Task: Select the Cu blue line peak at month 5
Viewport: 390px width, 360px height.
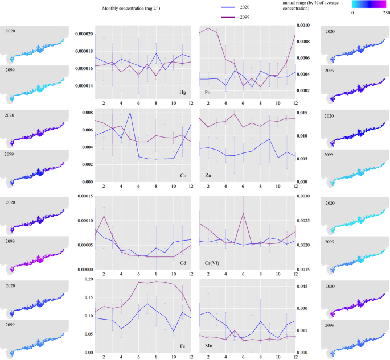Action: [130, 113]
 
